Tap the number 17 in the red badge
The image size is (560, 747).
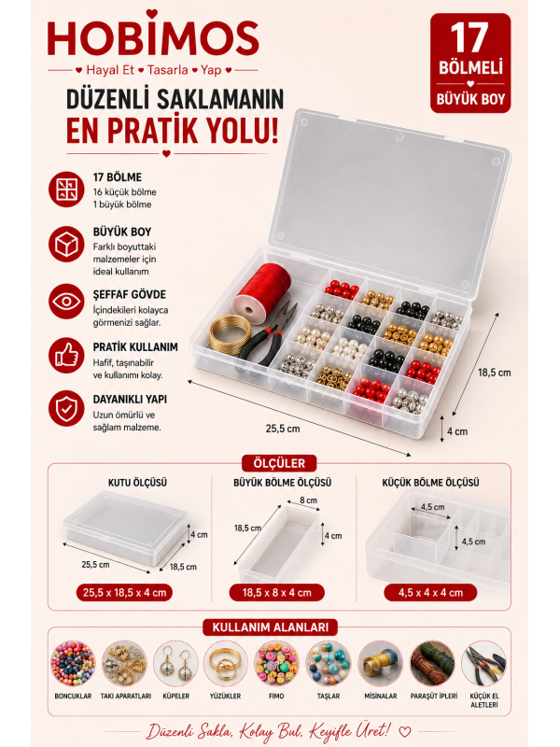(x=469, y=38)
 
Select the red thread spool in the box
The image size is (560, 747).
(x=262, y=293)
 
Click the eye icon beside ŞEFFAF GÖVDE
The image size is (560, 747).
(x=66, y=302)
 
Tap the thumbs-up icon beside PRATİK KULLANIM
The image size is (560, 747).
(x=66, y=356)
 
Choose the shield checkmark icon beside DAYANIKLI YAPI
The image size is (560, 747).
(x=66, y=408)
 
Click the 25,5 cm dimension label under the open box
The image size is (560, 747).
(x=283, y=429)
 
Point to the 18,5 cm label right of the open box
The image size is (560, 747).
(x=495, y=373)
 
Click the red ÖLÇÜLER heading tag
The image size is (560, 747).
(x=279, y=463)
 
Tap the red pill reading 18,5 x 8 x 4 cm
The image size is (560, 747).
(x=276, y=593)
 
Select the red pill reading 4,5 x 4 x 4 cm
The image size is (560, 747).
(x=430, y=593)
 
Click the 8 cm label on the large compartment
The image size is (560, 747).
(x=308, y=500)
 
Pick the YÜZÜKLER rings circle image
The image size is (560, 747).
(x=226, y=664)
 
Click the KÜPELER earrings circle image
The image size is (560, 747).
(x=175, y=664)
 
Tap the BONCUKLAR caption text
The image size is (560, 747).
(x=73, y=696)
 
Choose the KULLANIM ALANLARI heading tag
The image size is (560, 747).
(x=270, y=627)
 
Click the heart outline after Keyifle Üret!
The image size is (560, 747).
(x=405, y=731)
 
